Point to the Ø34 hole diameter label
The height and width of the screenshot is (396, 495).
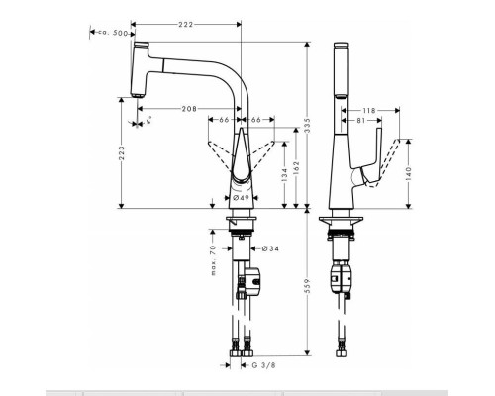point(267,249)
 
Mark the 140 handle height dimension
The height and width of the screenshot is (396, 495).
point(410,173)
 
